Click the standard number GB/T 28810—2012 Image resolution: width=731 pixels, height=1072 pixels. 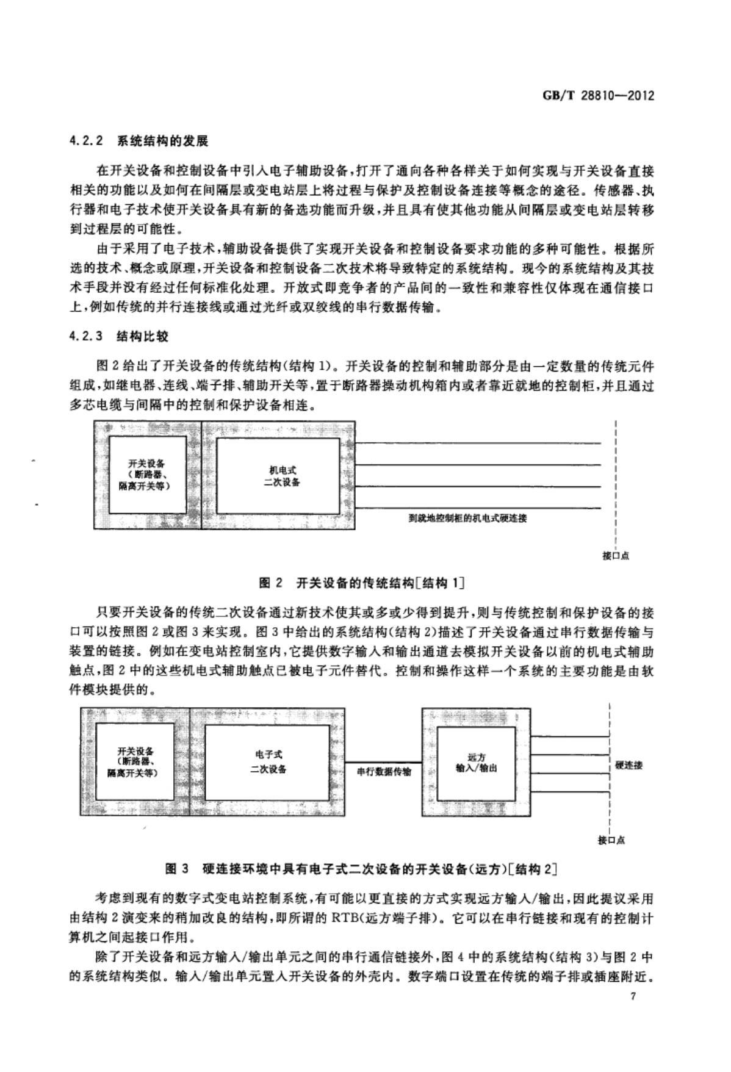coord(598,96)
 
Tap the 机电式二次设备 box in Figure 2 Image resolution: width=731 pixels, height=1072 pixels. coord(278,475)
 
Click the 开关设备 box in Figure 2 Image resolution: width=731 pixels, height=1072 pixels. coord(146,475)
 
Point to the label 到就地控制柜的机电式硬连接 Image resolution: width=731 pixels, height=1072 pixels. coord(467,519)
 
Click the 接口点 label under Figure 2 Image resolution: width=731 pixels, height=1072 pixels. coord(615,555)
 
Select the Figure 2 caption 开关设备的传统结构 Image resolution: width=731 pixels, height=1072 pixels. coord(380,583)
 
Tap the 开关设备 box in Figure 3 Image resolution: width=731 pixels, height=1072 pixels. coord(136,763)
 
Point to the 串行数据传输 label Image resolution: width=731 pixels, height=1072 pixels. coord(384,772)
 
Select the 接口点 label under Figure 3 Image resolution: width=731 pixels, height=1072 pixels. coord(611,840)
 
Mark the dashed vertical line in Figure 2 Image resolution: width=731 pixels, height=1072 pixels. coord(616,483)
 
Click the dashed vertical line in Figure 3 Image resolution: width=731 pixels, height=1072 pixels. coord(609,766)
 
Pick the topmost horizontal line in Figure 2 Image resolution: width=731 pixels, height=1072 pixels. coord(478,443)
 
